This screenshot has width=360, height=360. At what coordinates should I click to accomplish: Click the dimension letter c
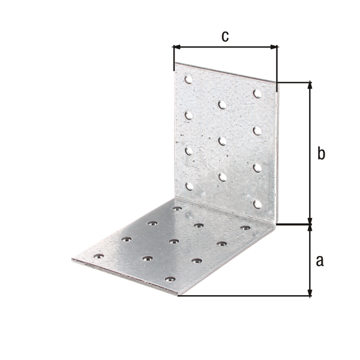pyautogui.click(x=225, y=37)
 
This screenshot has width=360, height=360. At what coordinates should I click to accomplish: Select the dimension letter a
pyautogui.click(x=320, y=261)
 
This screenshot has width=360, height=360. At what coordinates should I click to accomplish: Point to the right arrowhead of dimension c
pyautogui.click(x=274, y=47)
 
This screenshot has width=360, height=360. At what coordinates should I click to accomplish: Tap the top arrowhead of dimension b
pyautogui.click(x=310, y=85)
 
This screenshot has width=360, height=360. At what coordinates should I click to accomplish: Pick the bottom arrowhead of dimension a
pyautogui.click(x=310, y=292)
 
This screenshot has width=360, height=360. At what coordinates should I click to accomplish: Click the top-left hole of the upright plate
pyautogui.click(x=188, y=79)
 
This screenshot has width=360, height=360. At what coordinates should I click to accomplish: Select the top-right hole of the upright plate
pyautogui.click(x=257, y=94)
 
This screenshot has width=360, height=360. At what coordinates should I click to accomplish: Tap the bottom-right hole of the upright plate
pyautogui.click(x=257, y=205)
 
